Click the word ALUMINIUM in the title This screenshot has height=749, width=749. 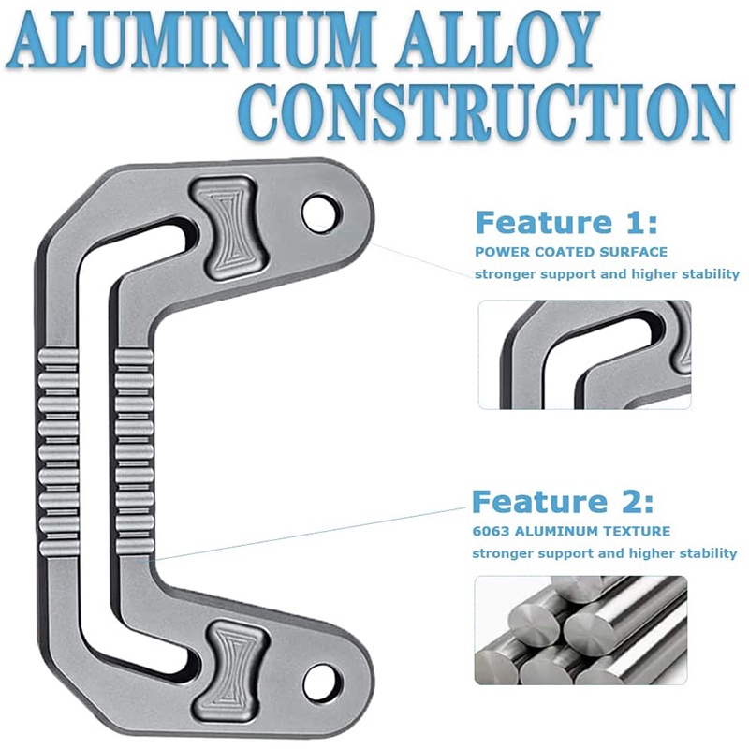tap(192, 42)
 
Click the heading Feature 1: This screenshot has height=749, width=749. tap(566, 224)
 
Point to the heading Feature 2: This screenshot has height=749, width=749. tap(563, 503)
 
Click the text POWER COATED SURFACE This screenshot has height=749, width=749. tap(571, 252)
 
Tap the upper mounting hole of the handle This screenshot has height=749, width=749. tap(321, 212)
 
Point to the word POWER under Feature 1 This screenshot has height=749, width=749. tap(499, 252)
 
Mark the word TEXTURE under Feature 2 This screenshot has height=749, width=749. tap(638, 531)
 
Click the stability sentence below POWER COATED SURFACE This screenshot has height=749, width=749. tap(606, 274)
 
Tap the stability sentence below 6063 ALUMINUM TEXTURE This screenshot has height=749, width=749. tap(604, 553)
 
